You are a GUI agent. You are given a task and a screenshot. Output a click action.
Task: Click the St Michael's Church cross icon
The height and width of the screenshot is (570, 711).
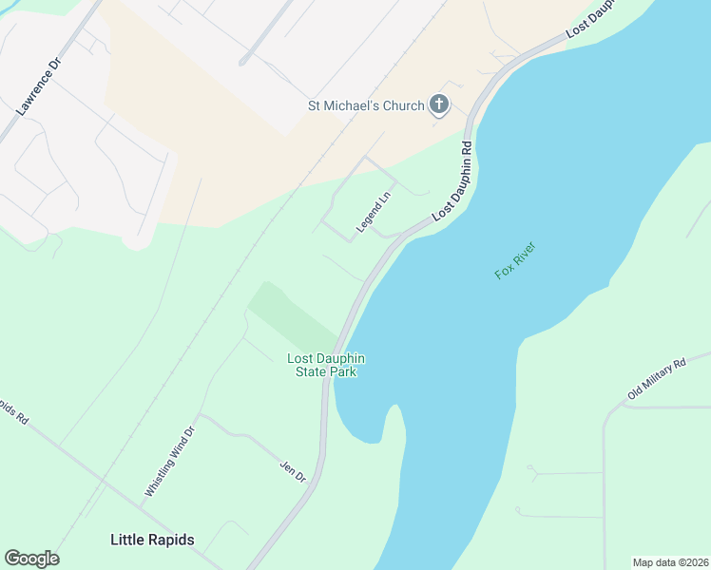point(438,104)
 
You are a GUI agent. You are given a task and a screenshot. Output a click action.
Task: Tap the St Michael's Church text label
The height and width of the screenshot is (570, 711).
point(365,105)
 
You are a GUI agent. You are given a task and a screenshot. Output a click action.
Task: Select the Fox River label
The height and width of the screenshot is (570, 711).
point(516,261)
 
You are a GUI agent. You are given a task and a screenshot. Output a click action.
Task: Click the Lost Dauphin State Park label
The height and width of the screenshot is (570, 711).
point(327,365)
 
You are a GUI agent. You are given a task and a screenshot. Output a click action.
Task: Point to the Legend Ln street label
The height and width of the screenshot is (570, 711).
point(374,214)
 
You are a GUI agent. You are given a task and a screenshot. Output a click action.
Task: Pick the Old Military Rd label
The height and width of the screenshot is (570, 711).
point(657,379)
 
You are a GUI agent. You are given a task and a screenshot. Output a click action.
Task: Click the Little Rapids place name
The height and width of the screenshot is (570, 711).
point(152,540)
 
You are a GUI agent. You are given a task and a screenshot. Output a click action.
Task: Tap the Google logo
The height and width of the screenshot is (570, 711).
point(31,559)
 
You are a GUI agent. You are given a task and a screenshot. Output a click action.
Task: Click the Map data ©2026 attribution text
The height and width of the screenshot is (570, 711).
point(671,561)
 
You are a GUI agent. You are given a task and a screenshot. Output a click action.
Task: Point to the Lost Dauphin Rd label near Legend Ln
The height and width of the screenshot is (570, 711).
point(452,182)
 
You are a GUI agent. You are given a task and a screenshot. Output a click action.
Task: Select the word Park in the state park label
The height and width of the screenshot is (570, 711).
point(342,372)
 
